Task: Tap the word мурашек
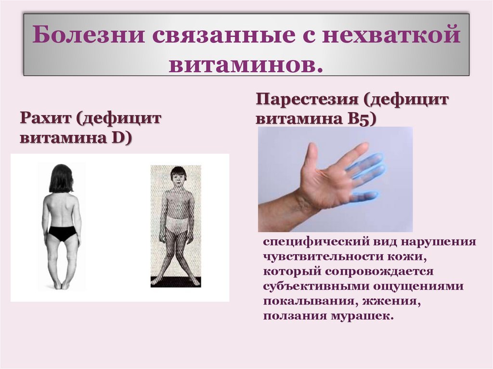pos(366,316)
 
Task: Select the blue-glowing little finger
pos(364,197)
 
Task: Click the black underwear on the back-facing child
pos(62,233)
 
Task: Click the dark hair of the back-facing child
pos(61,178)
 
